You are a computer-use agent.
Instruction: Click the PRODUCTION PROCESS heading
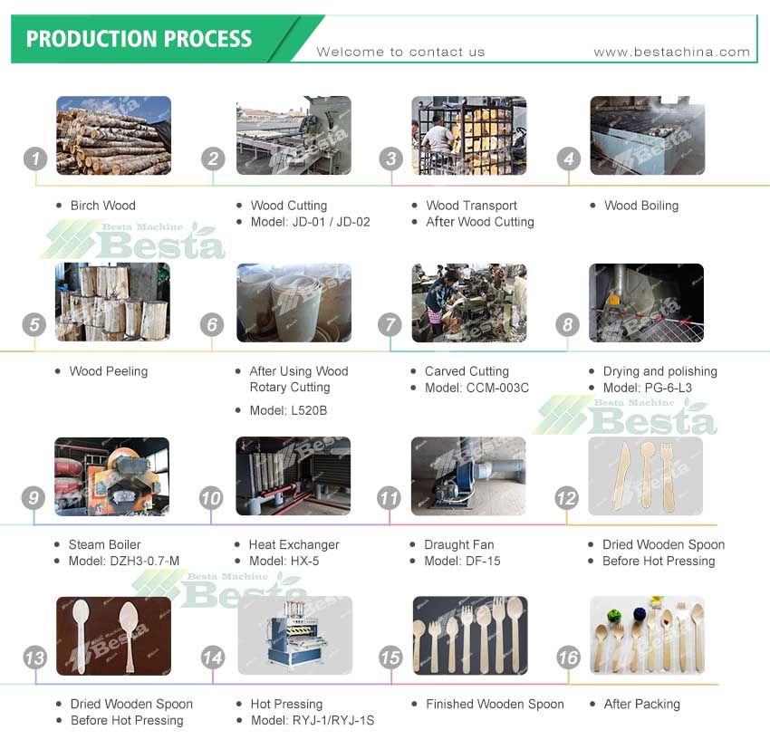pos(139,39)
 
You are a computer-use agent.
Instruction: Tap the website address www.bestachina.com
pos(671,52)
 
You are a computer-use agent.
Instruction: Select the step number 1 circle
pos(35,159)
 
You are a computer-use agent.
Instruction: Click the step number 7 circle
pos(390,324)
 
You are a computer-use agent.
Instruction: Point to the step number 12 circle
pos(567,498)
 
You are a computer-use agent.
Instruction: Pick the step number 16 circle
pos(568,658)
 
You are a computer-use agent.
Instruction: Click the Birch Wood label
pos(102,206)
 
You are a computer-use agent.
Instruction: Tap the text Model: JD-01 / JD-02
pos(310,222)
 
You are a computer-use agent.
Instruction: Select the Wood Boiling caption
pos(641,206)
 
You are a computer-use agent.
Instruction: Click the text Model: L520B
pos(288,410)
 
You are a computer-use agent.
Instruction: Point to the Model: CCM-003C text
pos(476,388)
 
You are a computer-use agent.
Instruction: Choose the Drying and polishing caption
pos(660,371)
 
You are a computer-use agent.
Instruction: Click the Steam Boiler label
pos(104,544)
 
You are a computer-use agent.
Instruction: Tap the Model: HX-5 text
pos(284,561)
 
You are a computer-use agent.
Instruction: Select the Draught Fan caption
pos(459,545)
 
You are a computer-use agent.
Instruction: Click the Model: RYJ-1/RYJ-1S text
pos(313,721)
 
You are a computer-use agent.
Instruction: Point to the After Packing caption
pos(642,705)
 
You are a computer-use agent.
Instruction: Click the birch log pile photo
pos(114,136)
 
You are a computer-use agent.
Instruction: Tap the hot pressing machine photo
pos(295,636)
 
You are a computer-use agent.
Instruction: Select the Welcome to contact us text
pos(400,52)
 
